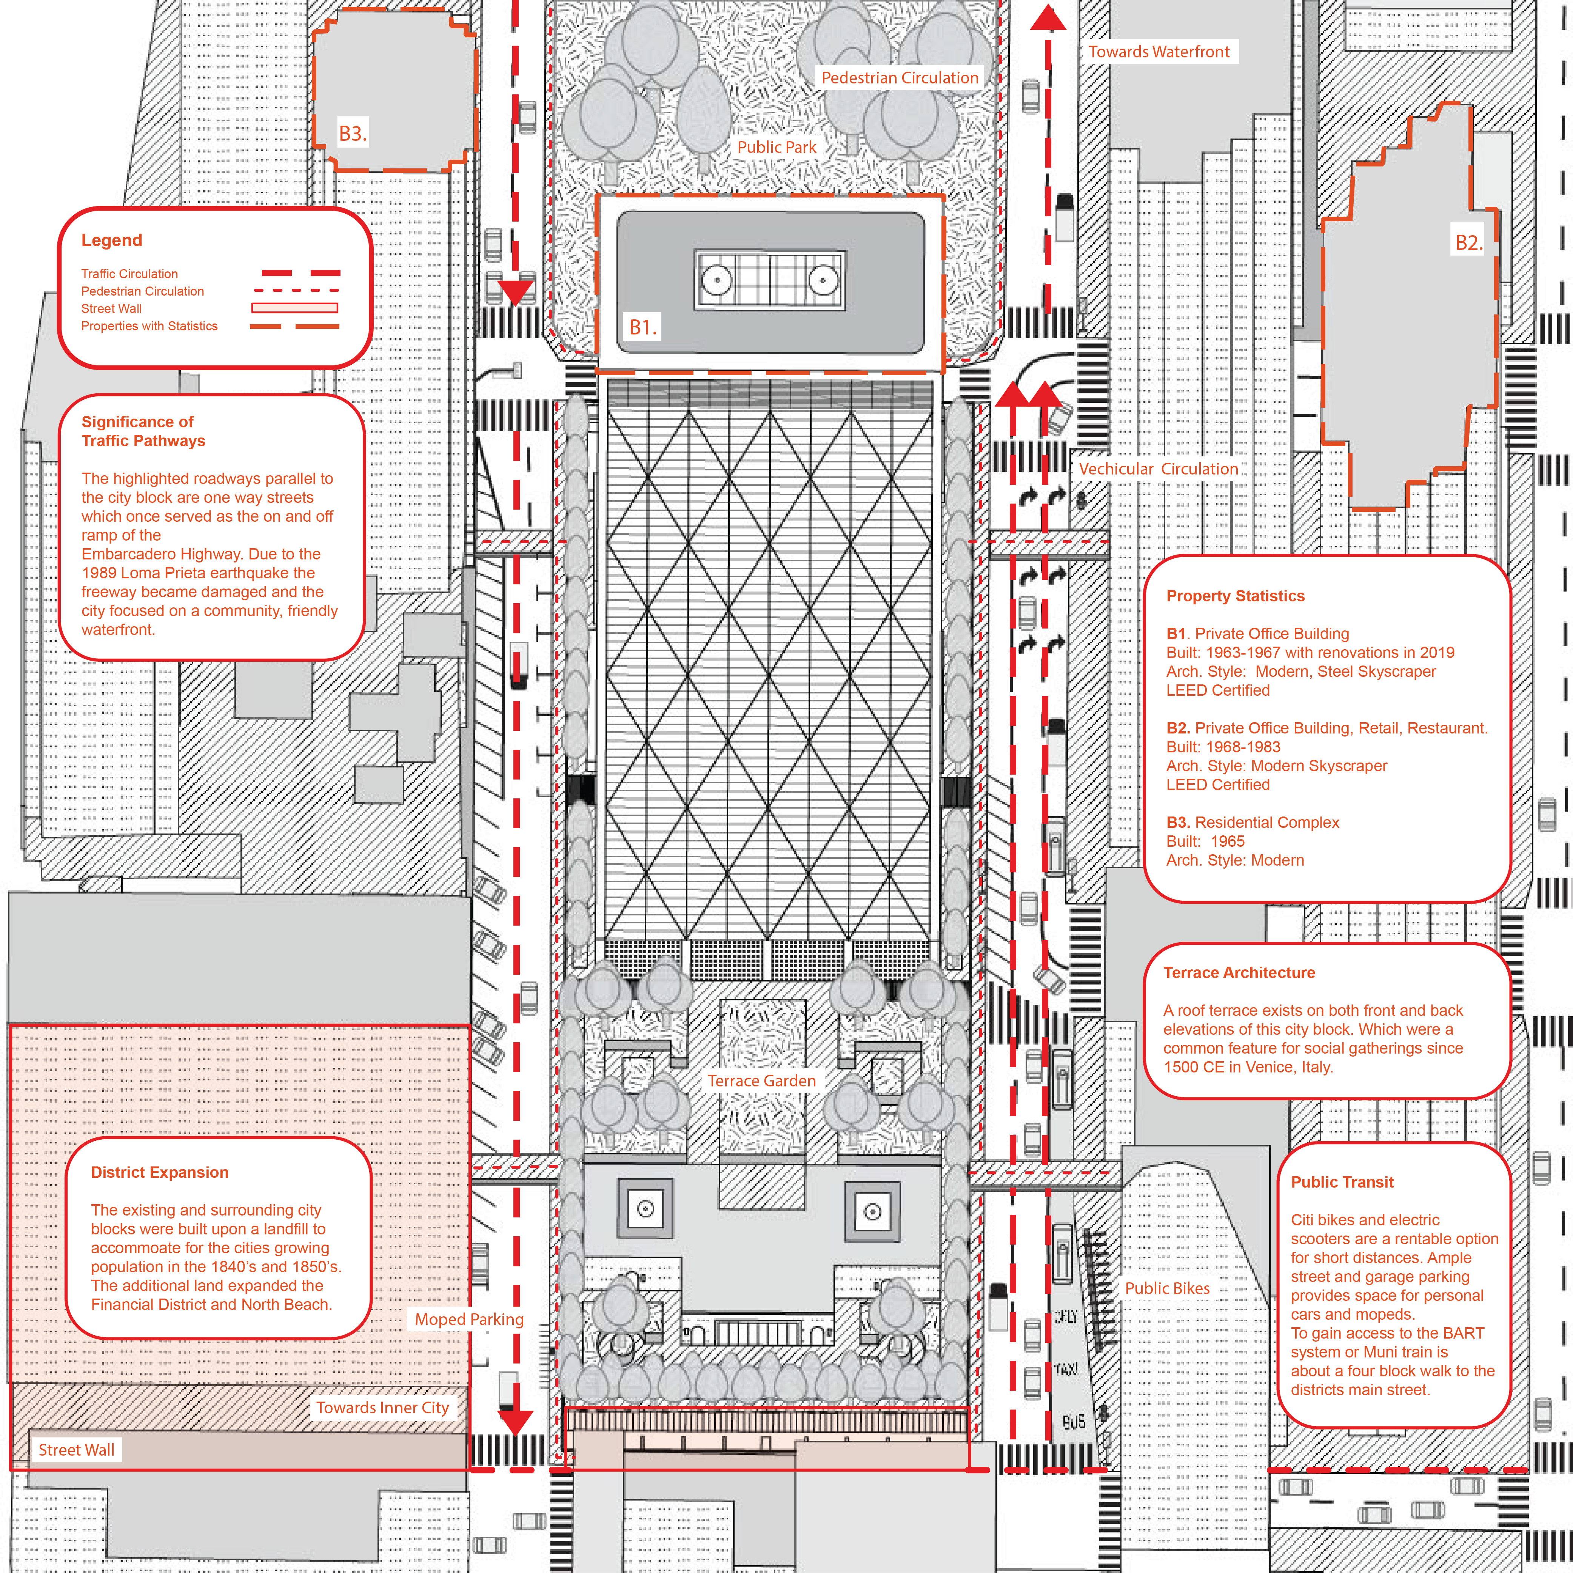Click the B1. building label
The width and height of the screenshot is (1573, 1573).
click(642, 327)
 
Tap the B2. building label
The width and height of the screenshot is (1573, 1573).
click(1469, 243)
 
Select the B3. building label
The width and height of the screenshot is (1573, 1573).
click(353, 134)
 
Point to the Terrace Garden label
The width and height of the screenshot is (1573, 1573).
click(761, 1080)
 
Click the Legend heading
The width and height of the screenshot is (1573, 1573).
click(111, 240)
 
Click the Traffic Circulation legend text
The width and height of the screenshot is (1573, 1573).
click(129, 274)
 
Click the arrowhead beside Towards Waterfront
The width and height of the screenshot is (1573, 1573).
click(1048, 18)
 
